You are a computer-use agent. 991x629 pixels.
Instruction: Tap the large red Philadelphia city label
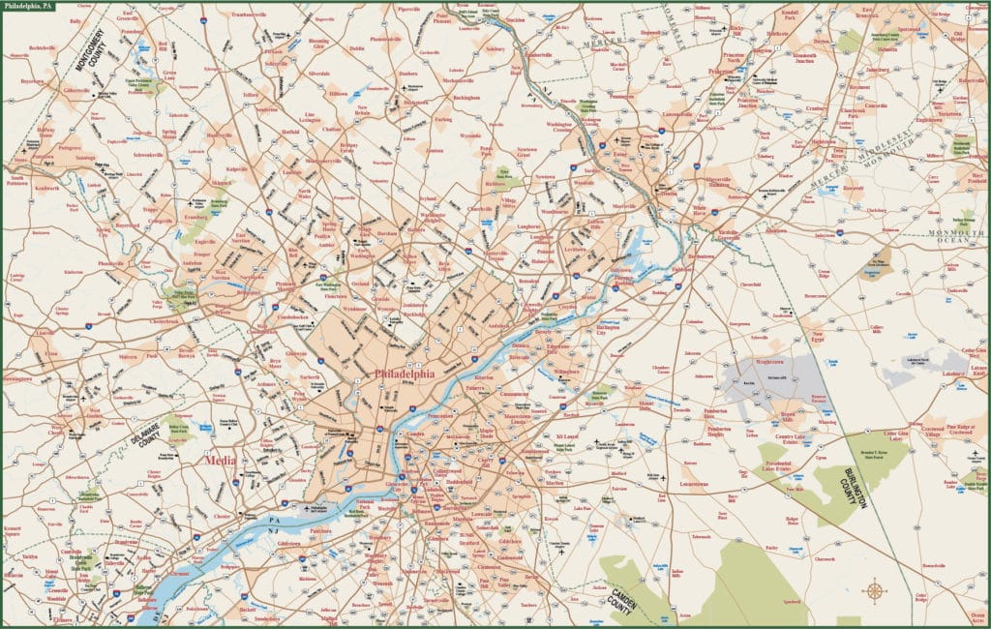(404, 374)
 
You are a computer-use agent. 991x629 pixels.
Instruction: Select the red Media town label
(220, 462)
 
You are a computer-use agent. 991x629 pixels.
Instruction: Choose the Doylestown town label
(415, 102)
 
